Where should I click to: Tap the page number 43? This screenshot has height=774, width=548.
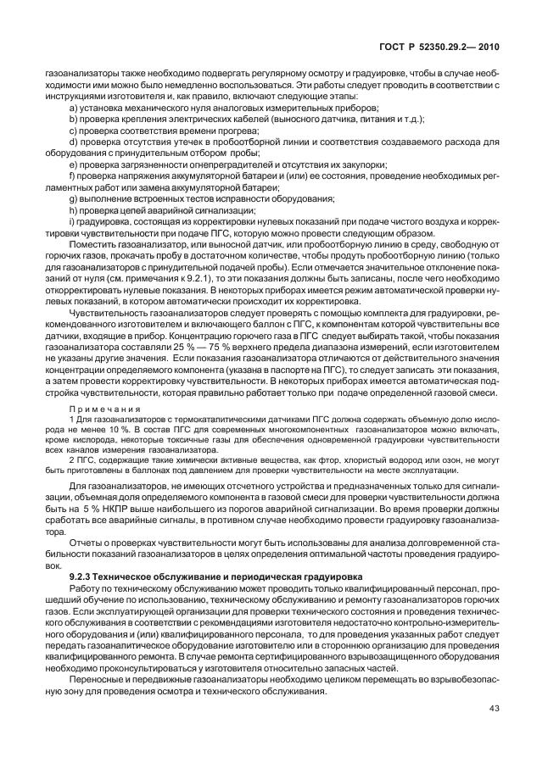click(x=495, y=710)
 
